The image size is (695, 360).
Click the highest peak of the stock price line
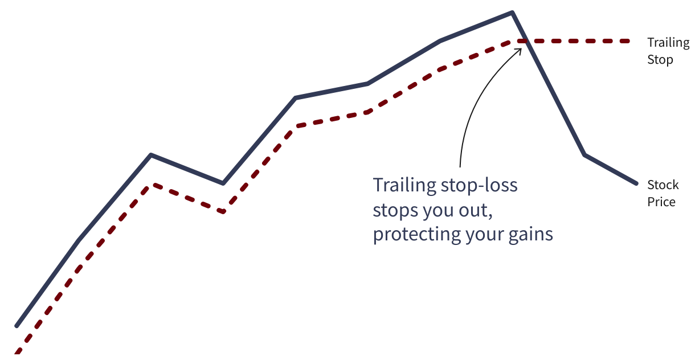tap(512, 13)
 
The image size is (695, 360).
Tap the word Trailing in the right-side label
tap(668, 43)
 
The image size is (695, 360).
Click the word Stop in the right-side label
tap(660, 60)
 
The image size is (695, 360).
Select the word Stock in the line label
tap(663, 185)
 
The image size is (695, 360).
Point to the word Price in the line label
tap(661, 202)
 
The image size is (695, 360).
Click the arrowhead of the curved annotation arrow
tap(520, 50)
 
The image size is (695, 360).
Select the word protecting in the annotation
tap(417, 235)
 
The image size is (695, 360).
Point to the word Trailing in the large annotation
tap(404, 185)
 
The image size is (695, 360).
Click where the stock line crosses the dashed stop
tap(525, 41)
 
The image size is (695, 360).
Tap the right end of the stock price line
tap(637, 184)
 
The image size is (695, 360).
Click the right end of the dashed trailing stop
tap(628, 41)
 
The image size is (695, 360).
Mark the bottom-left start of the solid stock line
tap(17, 326)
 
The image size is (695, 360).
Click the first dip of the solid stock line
tap(223, 183)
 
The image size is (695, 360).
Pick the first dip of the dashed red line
tap(223, 212)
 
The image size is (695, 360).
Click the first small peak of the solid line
tap(151, 155)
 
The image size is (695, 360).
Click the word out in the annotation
tap(475, 211)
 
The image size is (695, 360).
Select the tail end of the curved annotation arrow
tap(460, 167)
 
